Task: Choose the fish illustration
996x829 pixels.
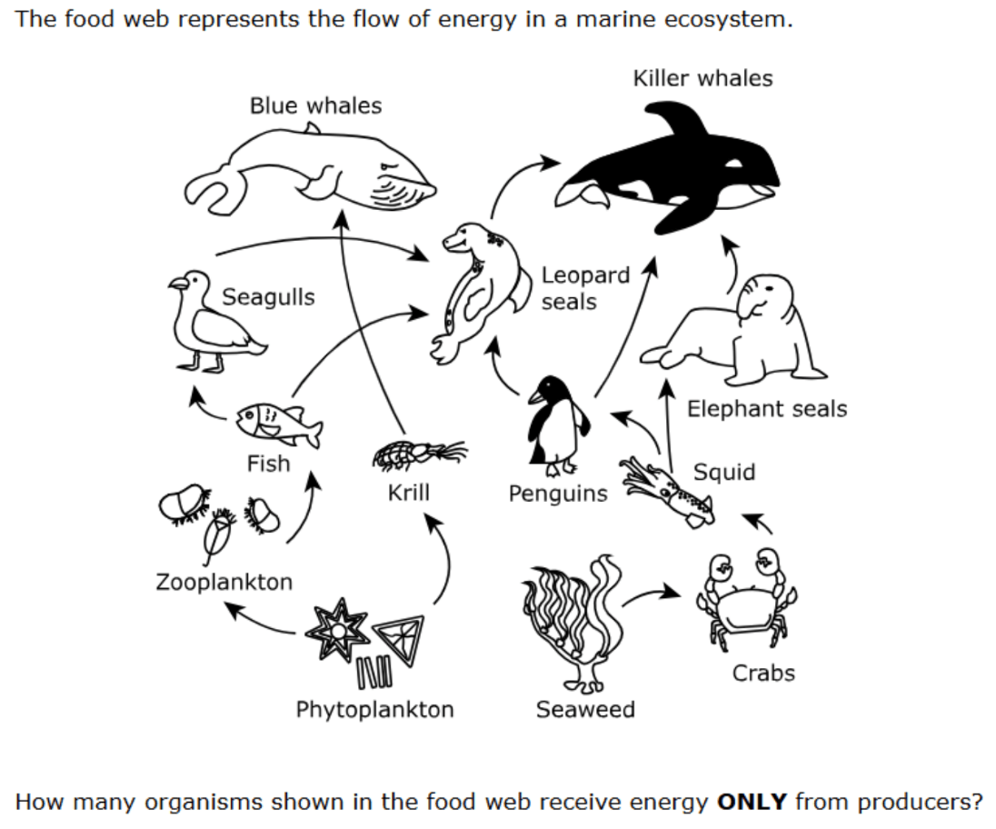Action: click(x=278, y=424)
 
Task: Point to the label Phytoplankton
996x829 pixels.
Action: click(x=374, y=709)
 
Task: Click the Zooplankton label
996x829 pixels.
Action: click(x=224, y=582)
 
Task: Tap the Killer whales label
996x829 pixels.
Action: click(x=702, y=78)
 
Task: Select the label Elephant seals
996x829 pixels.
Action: click(x=767, y=408)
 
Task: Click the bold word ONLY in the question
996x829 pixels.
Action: click(x=752, y=802)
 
